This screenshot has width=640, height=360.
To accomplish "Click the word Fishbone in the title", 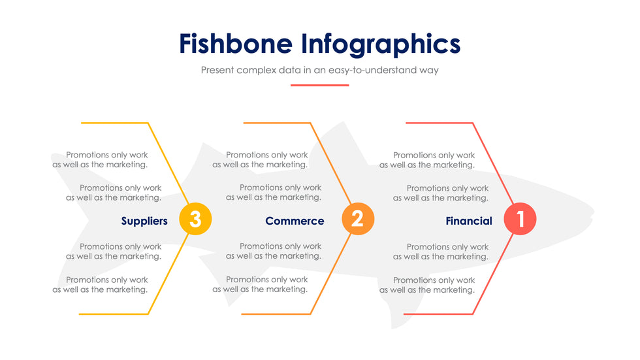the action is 236,44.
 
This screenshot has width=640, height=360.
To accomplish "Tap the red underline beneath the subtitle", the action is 319,86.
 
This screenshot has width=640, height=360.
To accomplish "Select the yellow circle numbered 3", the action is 195,219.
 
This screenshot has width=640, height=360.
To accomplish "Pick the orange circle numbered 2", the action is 358,219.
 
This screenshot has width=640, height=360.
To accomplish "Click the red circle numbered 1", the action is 520,219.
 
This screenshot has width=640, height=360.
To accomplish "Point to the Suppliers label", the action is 144,221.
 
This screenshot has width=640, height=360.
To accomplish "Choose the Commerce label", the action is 295,221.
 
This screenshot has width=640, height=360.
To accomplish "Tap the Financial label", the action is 469,221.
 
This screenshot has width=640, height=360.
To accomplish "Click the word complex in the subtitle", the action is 256,70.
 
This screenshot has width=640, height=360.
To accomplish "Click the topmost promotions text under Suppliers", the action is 100,159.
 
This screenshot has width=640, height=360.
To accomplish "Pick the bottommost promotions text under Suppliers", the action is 100,284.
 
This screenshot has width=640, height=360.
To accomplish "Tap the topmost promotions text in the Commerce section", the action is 260,159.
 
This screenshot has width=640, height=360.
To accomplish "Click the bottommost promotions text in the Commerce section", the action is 260,284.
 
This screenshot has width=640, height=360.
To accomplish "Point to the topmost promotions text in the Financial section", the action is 427,160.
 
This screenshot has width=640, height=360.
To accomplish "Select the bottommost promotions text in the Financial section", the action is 427,285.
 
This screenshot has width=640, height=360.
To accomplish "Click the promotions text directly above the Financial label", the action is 441,193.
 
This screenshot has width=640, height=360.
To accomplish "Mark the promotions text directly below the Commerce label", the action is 274,251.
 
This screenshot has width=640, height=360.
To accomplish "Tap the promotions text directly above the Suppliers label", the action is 114,193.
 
